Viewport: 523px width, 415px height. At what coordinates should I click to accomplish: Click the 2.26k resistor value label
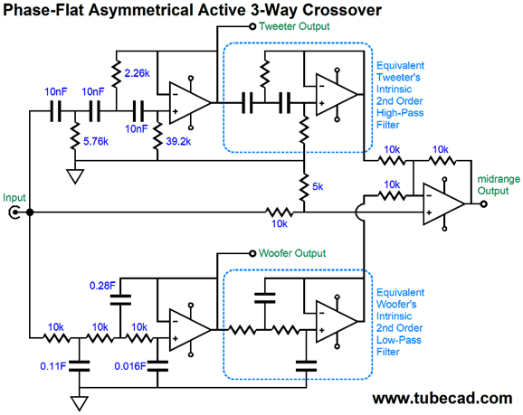pyautogui.click(x=137, y=73)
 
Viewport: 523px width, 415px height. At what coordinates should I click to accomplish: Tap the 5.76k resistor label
pyautogui.click(x=96, y=142)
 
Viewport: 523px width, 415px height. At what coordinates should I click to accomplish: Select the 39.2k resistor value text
pyautogui.click(x=178, y=142)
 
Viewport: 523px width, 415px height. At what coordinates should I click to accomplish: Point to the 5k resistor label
pyautogui.click(x=318, y=187)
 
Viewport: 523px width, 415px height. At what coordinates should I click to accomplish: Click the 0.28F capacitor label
pyautogui.click(x=102, y=286)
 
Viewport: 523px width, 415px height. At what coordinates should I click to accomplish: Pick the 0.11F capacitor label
pyautogui.click(x=53, y=366)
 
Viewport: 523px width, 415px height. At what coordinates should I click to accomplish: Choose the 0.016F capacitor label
pyautogui.click(x=130, y=366)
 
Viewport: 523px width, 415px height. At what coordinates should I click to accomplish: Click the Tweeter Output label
pyautogui.click(x=294, y=26)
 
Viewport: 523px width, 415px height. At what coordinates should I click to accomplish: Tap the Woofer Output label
pyautogui.click(x=292, y=253)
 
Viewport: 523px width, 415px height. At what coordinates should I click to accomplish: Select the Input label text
pyautogui.click(x=14, y=198)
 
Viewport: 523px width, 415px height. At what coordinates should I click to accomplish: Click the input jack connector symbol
pyautogui.click(x=14, y=212)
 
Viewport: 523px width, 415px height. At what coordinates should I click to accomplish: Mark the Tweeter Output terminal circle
pyautogui.click(x=252, y=26)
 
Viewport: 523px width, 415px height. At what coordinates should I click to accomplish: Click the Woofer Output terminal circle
pyautogui.click(x=252, y=254)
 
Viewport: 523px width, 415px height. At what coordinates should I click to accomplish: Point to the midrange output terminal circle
pyautogui.click(x=484, y=203)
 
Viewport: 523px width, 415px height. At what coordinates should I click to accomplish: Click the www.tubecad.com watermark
pyautogui.click(x=442, y=399)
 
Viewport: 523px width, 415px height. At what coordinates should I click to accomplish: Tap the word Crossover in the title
pyautogui.click(x=341, y=10)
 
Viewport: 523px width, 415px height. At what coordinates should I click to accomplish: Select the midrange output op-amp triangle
pyautogui.click(x=444, y=203)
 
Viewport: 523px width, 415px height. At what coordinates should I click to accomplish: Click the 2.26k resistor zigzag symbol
pyautogui.click(x=116, y=73)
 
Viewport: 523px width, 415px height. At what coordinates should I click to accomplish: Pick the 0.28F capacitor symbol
pyautogui.click(x=120, y=299)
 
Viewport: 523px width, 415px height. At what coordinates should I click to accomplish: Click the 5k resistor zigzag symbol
pyautogui.click(x=304, y=187)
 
